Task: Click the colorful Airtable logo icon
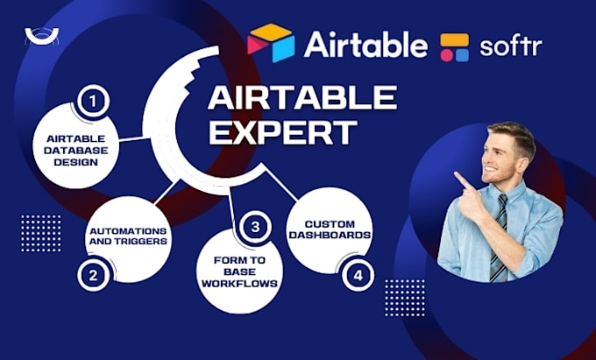coord(272,43)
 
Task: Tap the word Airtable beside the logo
coord(365,44)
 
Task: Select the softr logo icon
coord(455,46)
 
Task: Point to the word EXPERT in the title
coord(282,132)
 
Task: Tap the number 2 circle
coord(94,276)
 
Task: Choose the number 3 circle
coord(255,228)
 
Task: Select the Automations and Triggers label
coord(129,236)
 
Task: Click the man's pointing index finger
coord(458,178)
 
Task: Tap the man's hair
coord(512,137)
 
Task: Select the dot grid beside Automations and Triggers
coord(41,232)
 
